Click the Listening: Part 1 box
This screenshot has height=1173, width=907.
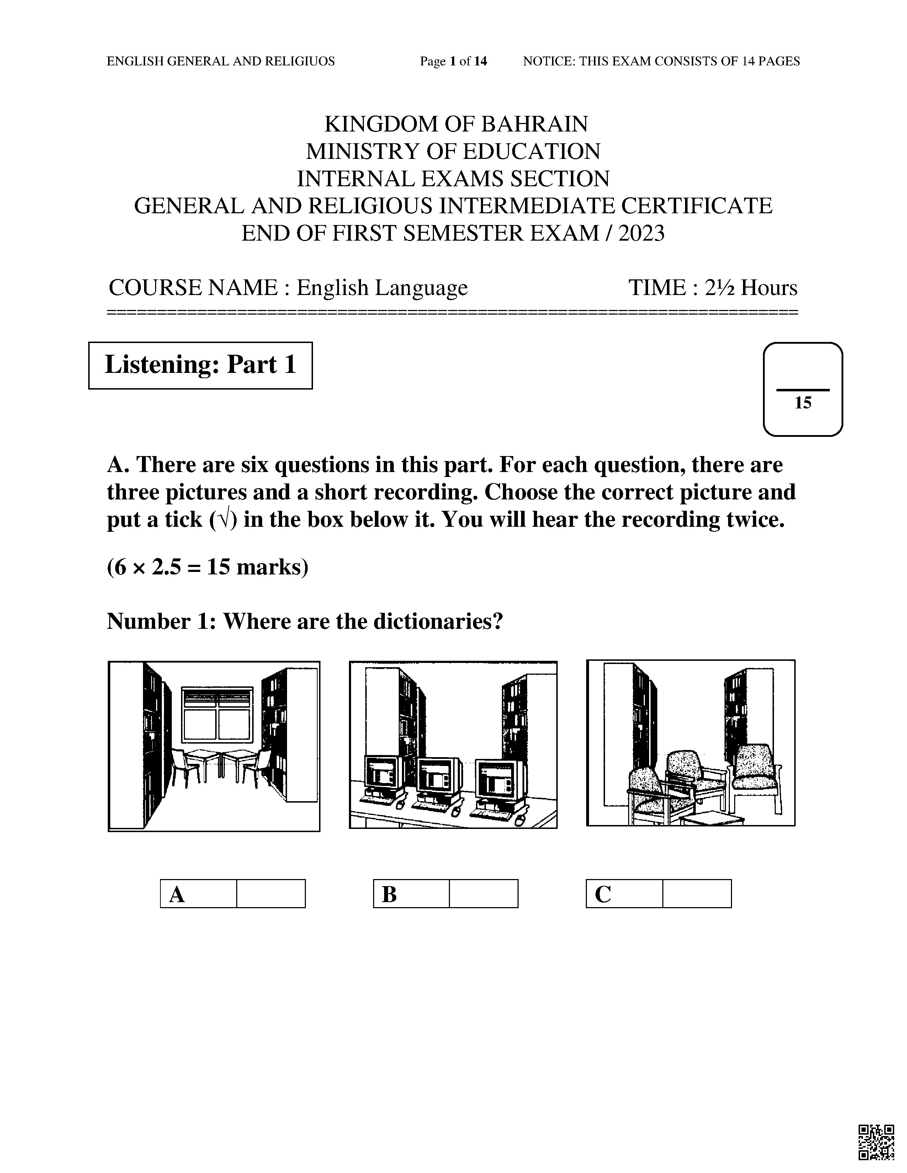pyautogui.click(x=200, y=365)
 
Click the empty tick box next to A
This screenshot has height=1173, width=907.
pyautogui.click(x=271, y=894)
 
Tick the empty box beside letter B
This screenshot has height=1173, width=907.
pyautogui.click(x=483, y=894)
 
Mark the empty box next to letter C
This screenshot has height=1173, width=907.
pyautogui.click(x=696, y=894)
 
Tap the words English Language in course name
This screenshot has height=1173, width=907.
pyautogui.click(x=382, y=288)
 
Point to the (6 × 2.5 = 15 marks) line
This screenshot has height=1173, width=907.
pyautogui.click(x=207, y=567)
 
